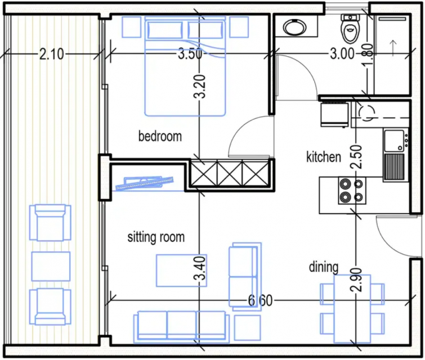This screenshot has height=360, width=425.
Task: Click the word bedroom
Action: pos(160,136)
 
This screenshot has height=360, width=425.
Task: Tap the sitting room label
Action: pos(156,237)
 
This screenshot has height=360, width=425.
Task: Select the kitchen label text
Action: pos(324,157)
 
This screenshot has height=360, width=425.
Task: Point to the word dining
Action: pos(324,267)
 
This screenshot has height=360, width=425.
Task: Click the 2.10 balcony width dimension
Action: pos(51,54)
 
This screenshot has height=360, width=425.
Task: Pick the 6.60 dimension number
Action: pos(260,300)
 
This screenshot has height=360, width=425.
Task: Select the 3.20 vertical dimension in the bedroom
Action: pos(200,86)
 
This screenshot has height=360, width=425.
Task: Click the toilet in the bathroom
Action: pos(350,29)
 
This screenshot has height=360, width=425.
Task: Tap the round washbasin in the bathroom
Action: pos(294,27)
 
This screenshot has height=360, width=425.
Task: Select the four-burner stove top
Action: pos(352,191)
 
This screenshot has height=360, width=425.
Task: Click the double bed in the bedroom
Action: pos(185,66)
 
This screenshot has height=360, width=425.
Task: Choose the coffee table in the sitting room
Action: pos(181,271)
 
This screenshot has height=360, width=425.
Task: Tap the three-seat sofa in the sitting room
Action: pos(181,327)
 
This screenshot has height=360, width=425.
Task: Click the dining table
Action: pos(352,309)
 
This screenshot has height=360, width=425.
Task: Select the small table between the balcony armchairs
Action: pos(51,266)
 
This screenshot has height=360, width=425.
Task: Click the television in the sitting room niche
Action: pos(145,183)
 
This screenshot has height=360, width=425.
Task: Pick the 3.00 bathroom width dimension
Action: pos(342,53)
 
